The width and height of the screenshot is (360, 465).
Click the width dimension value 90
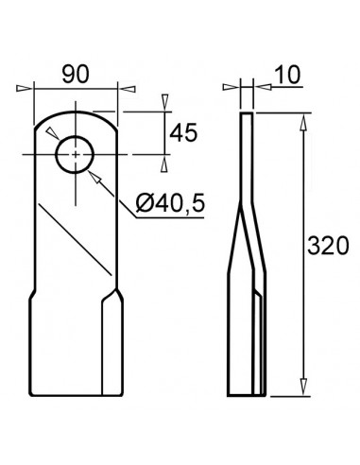pos(75,73)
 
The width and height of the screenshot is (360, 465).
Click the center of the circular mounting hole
pos(74,155)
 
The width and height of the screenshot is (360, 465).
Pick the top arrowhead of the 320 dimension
pos(303,119)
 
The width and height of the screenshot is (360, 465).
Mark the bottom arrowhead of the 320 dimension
pos(303,388)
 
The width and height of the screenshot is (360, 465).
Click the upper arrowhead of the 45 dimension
pos(165,101)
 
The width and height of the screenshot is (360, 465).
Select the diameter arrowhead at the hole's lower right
pos(94,173)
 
